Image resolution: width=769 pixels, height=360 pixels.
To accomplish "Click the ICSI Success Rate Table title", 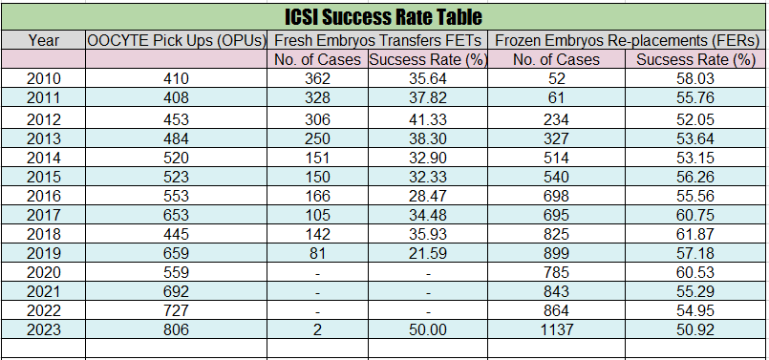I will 384,17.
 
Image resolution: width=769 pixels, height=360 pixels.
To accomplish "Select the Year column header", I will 44,40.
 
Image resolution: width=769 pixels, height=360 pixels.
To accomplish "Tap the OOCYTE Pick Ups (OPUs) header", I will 178,40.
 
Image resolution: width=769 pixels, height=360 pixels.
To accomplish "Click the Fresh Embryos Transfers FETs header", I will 378,40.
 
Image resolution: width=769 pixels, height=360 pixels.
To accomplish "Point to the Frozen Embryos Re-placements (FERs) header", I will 626,40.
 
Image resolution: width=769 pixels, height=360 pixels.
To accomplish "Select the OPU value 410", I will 178,78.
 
